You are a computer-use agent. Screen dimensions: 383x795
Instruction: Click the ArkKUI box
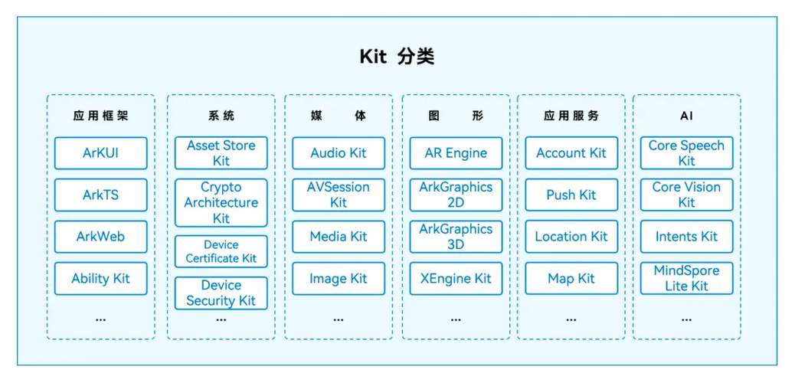[x=100, y=153]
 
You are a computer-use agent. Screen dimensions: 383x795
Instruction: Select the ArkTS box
[x=100, y=195]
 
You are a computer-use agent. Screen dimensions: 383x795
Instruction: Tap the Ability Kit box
[x=100, y=279]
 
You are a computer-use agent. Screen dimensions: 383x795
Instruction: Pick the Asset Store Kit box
[x=221, y=153]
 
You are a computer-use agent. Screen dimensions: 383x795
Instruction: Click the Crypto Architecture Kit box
[x=221, y=202]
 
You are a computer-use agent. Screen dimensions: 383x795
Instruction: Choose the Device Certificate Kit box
[x=221, y=251]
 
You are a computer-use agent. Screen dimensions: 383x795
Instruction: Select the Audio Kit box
[x=338, y=153]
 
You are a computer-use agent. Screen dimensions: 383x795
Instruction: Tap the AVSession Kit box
[x=338, y=195]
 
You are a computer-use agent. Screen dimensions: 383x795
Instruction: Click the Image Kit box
[x=338, y=279]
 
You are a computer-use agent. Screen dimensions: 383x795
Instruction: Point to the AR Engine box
[x=456, y=153]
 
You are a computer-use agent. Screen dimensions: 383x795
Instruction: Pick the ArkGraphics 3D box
[x=456, y=237]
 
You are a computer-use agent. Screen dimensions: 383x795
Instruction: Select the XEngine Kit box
[x=456, y=279]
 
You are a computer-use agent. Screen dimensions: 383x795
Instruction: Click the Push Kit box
[x=571, y=195]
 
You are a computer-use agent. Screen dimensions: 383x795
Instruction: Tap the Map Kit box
[x=571, y=279]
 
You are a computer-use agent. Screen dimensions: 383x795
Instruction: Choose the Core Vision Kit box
[x=686, y=195]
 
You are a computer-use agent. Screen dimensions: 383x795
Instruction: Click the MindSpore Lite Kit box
[x=686, y=279]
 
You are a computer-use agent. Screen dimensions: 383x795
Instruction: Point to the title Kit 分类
[x=397, y=57]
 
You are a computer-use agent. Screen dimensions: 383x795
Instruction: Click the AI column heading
[x=686, y=116]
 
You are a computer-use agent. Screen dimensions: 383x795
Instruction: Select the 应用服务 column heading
[x=571, y=116]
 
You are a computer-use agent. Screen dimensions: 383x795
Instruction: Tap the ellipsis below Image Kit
[x=338, y=319]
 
